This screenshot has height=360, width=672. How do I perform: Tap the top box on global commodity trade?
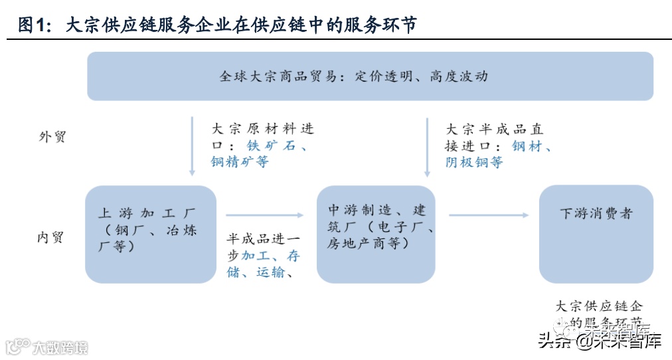coord(370,76)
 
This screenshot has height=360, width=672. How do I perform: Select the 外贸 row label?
coord(52,137)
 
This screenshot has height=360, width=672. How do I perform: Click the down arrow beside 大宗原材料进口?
coord(192,145)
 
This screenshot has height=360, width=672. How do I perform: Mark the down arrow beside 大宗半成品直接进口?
coord(426,145)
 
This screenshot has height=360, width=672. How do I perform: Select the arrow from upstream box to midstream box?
coord(264,215)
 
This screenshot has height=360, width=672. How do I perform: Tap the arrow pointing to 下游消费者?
coord(488,215)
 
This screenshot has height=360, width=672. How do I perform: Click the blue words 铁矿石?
coord(271,145)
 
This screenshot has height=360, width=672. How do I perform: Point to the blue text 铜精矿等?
coord(240,162)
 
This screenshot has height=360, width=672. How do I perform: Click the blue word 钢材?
coord(527,145)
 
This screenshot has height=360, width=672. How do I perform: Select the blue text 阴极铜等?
coord(473,162)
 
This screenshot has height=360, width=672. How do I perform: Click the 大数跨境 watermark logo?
coord(46,347)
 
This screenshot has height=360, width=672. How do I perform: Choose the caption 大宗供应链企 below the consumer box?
coord(599,306)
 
